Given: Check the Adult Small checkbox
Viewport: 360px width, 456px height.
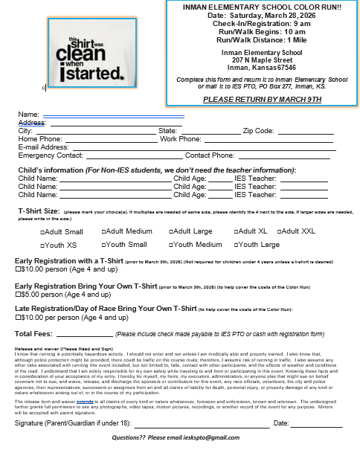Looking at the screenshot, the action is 42,232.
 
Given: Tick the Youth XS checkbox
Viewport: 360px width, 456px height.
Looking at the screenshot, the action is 42,245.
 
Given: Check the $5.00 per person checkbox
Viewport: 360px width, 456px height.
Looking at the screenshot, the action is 18,295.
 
